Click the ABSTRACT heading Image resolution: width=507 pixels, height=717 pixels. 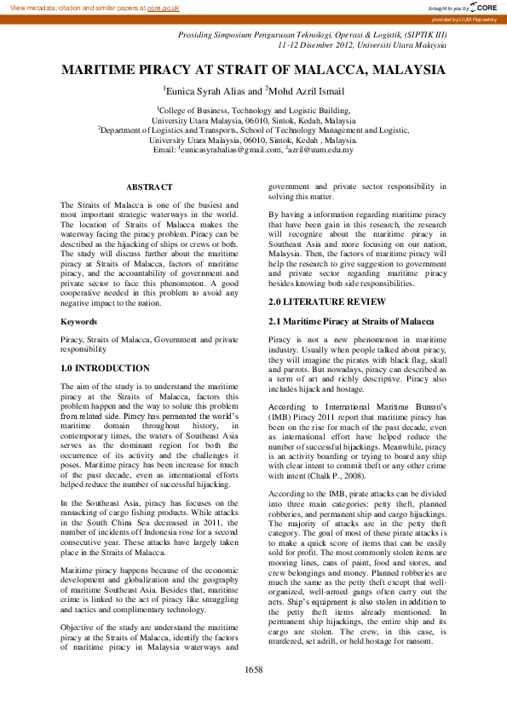pos(149,186)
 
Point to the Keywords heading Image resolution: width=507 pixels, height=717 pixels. pos(78,322)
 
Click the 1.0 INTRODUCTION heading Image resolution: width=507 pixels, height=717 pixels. pos(105,369)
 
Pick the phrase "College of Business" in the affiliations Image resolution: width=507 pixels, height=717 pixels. pos(193,110)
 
